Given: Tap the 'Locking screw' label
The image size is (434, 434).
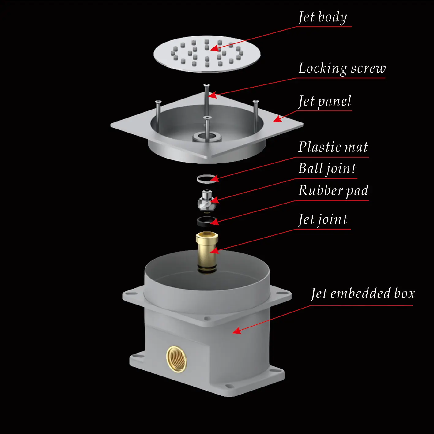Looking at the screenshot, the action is pyautogui.click(x=342, y=69).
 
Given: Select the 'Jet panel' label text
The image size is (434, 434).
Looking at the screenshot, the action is pyautogui.click(x=325, y=102).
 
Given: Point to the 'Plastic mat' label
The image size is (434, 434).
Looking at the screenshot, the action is pyautogui.click(x=333, y=147).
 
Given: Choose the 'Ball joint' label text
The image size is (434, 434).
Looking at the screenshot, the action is pyautogui.click(x=327, y=169).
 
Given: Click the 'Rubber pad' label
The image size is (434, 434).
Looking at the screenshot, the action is pyautogui.click(x=333, y=191).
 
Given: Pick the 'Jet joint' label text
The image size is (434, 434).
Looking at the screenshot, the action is pyautogui.click(x=323, y=219).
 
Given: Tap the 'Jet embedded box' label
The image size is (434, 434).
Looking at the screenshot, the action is pyautogui.click(x=363, y=294).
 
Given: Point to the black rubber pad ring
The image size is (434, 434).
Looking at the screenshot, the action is pyautogui.click(x=206, y=221).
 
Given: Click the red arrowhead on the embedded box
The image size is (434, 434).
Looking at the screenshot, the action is pyautogui.click(x=236, y=331).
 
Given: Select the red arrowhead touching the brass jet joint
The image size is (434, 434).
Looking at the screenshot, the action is pyautogui.click(x=215, y=251).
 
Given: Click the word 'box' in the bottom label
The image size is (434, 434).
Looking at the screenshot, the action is pyautogui.click(x=404, y=294).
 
